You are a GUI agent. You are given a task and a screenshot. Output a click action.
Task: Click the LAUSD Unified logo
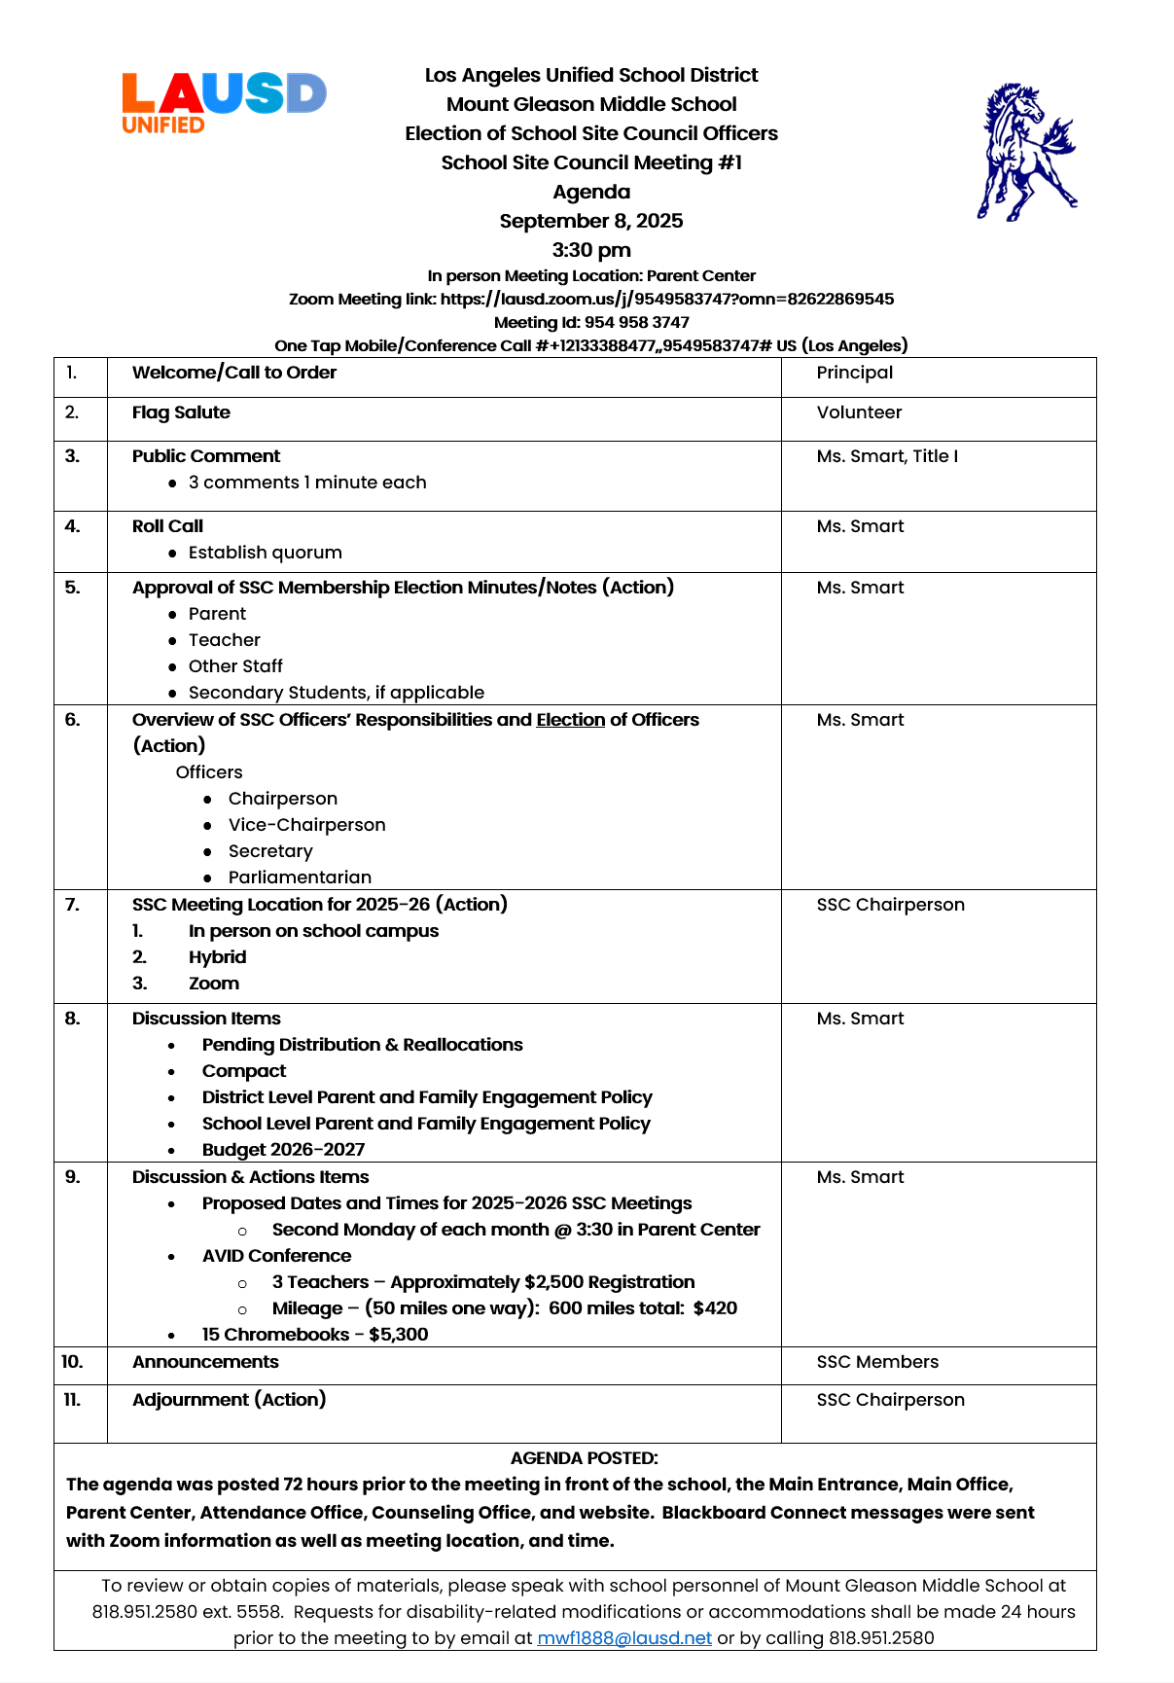click(x=223, y=101)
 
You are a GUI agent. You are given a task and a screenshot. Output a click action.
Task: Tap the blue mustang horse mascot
click(x=1026, y=152)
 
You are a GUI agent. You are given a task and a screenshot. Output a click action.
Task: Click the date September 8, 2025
click(x=591, y=221)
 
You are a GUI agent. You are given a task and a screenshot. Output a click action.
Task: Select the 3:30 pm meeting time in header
click(x=591, y=250)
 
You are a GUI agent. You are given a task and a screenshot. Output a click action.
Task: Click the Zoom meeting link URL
click(x=666, y=300)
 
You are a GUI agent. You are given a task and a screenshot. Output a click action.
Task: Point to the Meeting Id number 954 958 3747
click(x=636, y=323)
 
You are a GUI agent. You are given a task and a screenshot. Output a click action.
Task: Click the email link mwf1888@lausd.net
click(x=624, y=1637)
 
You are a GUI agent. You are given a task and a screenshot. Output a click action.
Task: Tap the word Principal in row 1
click(x=854, y=373)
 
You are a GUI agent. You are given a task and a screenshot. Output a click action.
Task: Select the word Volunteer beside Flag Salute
click(x=859, y=412)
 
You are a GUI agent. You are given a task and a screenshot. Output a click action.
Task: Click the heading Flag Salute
click(x=181, y=412)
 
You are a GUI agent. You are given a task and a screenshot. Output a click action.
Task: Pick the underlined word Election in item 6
click(x=570, y=720)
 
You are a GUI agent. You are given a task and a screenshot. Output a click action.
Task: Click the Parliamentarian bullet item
click(x=300, y=877)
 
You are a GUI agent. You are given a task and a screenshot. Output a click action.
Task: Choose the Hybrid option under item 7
click(x=217, y=957)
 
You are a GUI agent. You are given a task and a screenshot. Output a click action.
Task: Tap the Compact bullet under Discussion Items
click(x=244, y=1071)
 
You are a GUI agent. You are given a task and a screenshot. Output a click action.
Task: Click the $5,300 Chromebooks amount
click(x=399, y=1335)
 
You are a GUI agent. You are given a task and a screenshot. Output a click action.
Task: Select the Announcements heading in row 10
click(x=205, y=1362)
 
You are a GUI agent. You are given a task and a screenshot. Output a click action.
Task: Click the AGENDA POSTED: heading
click(x=584, y=1458)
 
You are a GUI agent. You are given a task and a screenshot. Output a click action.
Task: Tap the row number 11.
click(x=72, y=1400)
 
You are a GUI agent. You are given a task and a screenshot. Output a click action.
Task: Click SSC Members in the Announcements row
click(x=877, y=1362)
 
